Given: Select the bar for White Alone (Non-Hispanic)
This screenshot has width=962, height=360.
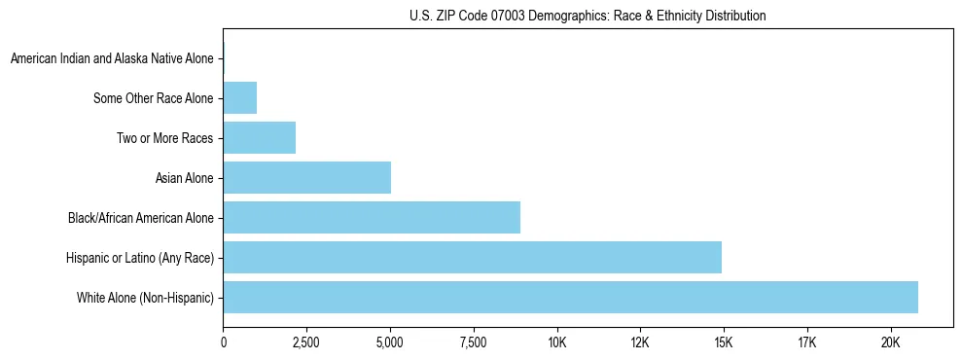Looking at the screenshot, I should point(570,297).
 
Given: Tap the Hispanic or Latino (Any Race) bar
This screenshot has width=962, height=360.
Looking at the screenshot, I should point(472,257).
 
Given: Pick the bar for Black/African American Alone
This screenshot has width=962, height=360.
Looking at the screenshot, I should point(372,217).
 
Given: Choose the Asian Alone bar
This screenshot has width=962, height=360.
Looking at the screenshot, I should point(306,177).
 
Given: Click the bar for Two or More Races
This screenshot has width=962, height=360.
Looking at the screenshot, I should point(259,137).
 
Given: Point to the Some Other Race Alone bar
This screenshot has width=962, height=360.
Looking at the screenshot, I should point(239,97).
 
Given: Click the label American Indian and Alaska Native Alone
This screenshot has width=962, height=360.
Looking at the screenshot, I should point(112,58).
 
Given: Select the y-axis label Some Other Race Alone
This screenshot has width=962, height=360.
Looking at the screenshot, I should point(154,98).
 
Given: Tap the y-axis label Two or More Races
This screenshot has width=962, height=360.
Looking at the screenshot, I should point(165,138).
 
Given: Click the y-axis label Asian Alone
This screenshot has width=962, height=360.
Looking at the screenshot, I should point(185,178).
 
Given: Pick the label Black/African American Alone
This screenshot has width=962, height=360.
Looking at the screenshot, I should point(141,218).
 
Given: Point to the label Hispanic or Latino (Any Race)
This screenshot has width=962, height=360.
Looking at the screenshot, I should point(139,258).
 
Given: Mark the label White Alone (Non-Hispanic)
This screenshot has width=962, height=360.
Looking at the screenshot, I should point(145,298).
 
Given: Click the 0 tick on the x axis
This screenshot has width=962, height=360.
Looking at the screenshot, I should point(223,342).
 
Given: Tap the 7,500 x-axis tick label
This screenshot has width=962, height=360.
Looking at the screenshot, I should point(474,342).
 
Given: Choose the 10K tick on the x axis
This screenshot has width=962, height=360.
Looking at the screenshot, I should point(556,342).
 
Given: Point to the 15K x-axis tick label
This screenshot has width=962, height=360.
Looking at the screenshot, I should point(724,342).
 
